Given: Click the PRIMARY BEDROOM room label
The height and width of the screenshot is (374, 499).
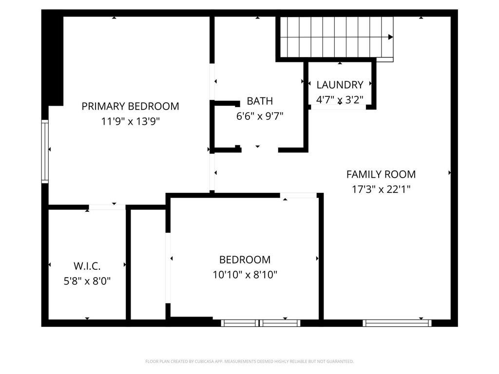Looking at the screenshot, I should point(130,106).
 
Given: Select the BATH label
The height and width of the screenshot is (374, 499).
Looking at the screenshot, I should point(259,101).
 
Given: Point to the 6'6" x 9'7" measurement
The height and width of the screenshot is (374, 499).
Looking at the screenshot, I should point(259,116).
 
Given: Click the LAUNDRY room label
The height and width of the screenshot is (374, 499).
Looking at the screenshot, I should point(340,85).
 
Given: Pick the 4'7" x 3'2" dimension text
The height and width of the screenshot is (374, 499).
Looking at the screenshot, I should point(340,100).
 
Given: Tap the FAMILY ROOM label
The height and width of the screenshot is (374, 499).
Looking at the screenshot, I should point(381,174).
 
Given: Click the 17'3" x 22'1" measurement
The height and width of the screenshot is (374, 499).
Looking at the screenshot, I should point(381,189).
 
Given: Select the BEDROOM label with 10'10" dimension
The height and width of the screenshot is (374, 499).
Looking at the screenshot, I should point(245,260).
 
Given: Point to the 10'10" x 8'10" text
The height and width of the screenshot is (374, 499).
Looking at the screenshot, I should point(245,275).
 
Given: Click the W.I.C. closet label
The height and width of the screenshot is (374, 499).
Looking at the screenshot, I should point(87,266).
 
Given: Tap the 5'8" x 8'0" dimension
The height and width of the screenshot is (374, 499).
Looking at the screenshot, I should point(87,281).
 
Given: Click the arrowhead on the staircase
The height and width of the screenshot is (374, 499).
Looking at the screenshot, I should point(390,37).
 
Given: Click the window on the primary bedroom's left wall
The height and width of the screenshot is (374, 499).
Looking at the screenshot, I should point(45,151).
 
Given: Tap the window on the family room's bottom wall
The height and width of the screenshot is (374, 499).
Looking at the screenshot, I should point(397,322).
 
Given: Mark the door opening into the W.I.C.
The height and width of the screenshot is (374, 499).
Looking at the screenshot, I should point(107,207).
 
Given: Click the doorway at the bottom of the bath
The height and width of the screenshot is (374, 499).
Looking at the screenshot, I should point(259,149).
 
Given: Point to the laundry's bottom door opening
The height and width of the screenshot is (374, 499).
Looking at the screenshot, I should point(338,107).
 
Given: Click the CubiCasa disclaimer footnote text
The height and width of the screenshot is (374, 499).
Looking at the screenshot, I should point(249,361).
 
